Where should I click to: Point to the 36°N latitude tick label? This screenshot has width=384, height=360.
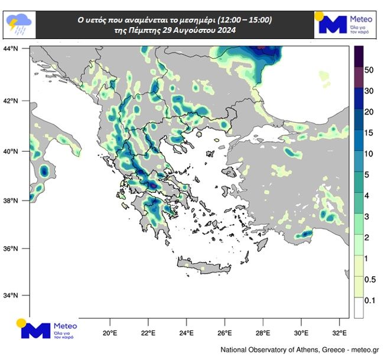click(12, 248)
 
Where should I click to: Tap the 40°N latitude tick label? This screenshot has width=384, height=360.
click(12, 152)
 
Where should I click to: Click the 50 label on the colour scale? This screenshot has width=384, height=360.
click(369, 70)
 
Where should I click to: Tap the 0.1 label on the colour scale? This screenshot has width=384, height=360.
click(369, 301)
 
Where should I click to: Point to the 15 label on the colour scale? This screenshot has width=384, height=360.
click(369, 133)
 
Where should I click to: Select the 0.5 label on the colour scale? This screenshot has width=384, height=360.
click(369, 279)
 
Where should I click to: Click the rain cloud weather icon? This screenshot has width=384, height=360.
click(19, 24)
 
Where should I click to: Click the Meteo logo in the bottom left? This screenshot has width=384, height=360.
click(47, 330)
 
